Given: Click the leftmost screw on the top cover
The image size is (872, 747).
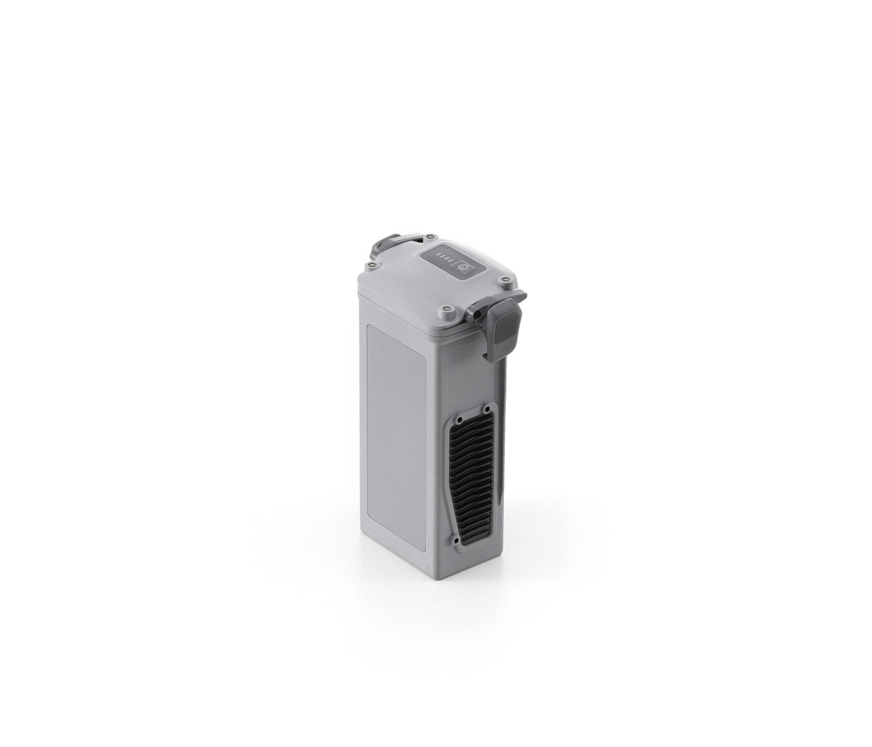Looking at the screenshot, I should point(372,265).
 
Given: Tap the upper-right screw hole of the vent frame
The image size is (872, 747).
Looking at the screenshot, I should point(485,410).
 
